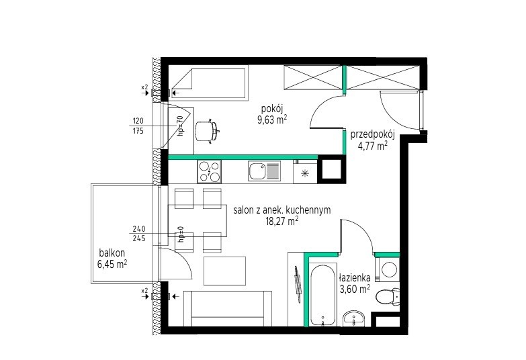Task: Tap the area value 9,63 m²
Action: pyautogui.click(x=272, y=120)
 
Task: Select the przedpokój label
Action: pyautogui.click(x=373, y=135)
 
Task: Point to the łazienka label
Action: pyautogui.click(x=355, y=278)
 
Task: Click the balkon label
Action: pyautogui.click(x=112, y=253)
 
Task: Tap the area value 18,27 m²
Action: pyautogui.click(x=281, y=221)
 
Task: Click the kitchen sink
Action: pyautogui.click(x=264, y=171)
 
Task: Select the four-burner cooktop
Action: pyautogui.click(x=210, y=171)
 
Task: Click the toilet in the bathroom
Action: pyautogui.click(x=388, y=296)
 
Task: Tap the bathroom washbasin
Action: pyautogui.click(x=353, y=318)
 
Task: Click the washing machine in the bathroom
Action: pyautogui.click(x=388, y=270)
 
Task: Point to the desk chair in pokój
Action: pyautogui.click(x=207, y=131)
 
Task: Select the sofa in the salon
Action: pyautogui.click(x=228, y=309)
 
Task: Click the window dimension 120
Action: pyautogui.click(x=138, y=121)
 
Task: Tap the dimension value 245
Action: pyautogui.click(x=139, y=238)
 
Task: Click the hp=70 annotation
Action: pyautogui.click(x=181, y=126)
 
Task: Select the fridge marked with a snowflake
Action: pyautogui.click(x=305, y=172)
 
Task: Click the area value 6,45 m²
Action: pyautogui.click(x=112, y=264)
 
